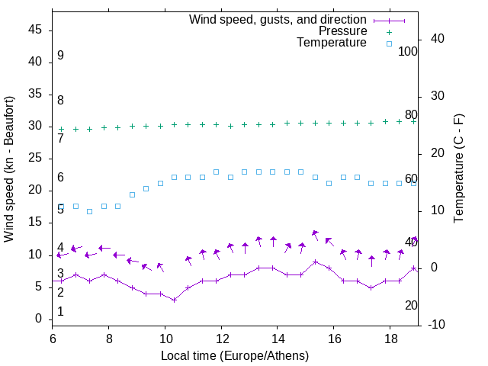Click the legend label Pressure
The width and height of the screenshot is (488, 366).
(342, 31)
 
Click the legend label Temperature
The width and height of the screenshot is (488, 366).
(332, 43)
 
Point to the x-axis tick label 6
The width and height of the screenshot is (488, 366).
(53, 338)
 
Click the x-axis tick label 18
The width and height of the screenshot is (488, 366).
(390, 338)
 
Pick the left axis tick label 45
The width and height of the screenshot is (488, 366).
(35, 30)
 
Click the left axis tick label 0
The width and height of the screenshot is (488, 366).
(39, 319)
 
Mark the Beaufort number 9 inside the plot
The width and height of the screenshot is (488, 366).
(60, 56)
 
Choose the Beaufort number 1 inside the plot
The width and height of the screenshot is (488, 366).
(60, 311)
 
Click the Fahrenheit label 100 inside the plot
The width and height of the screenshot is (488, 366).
(408, 51)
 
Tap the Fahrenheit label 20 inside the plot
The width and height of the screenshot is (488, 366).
(411, 305)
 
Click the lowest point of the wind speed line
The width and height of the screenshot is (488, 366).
(174, 300)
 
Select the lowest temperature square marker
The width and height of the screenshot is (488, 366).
(89, 211)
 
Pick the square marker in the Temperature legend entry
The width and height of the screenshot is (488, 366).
(389, 43)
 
